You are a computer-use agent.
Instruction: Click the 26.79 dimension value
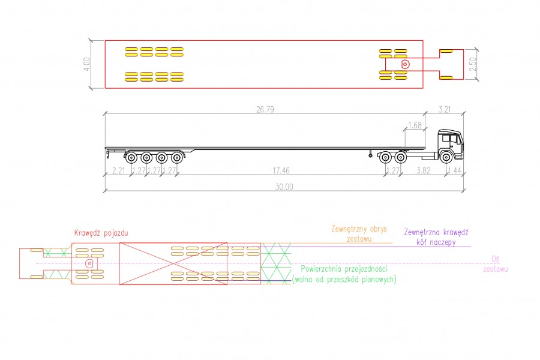click(x=265, y=109)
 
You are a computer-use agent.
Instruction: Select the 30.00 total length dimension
click(x=284, y=187)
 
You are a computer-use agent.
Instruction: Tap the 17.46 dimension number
click(x=281, y=170)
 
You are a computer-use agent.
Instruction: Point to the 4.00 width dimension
click(x=87, y=64)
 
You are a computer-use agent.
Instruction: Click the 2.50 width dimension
click(x=473, y=64)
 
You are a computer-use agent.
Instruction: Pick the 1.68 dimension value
click(x=415, y=125)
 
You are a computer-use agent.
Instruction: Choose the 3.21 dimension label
click(x=444, y=109)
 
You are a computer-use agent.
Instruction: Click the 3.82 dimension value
click(x=423, y=170)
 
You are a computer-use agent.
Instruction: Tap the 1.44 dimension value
click(x=455, y=170)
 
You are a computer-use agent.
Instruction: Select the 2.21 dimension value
click(x=118, y=170)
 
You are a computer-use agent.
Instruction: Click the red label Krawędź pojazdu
click(x=101, y=233)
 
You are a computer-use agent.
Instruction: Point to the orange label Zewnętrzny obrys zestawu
click(x=359, y=234)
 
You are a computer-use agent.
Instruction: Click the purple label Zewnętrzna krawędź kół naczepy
click(x=436, y=237)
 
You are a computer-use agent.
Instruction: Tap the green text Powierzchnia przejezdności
click(x=344, y=269)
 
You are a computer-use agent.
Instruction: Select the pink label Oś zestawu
click(x=495, y=264)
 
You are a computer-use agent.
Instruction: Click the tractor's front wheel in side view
click(x=446, y=157)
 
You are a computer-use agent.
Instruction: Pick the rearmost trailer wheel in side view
click(x=131, y=158)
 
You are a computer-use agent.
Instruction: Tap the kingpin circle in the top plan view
click(x=406, y=64)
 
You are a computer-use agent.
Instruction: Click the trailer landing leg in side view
click(x=370, y=154)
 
